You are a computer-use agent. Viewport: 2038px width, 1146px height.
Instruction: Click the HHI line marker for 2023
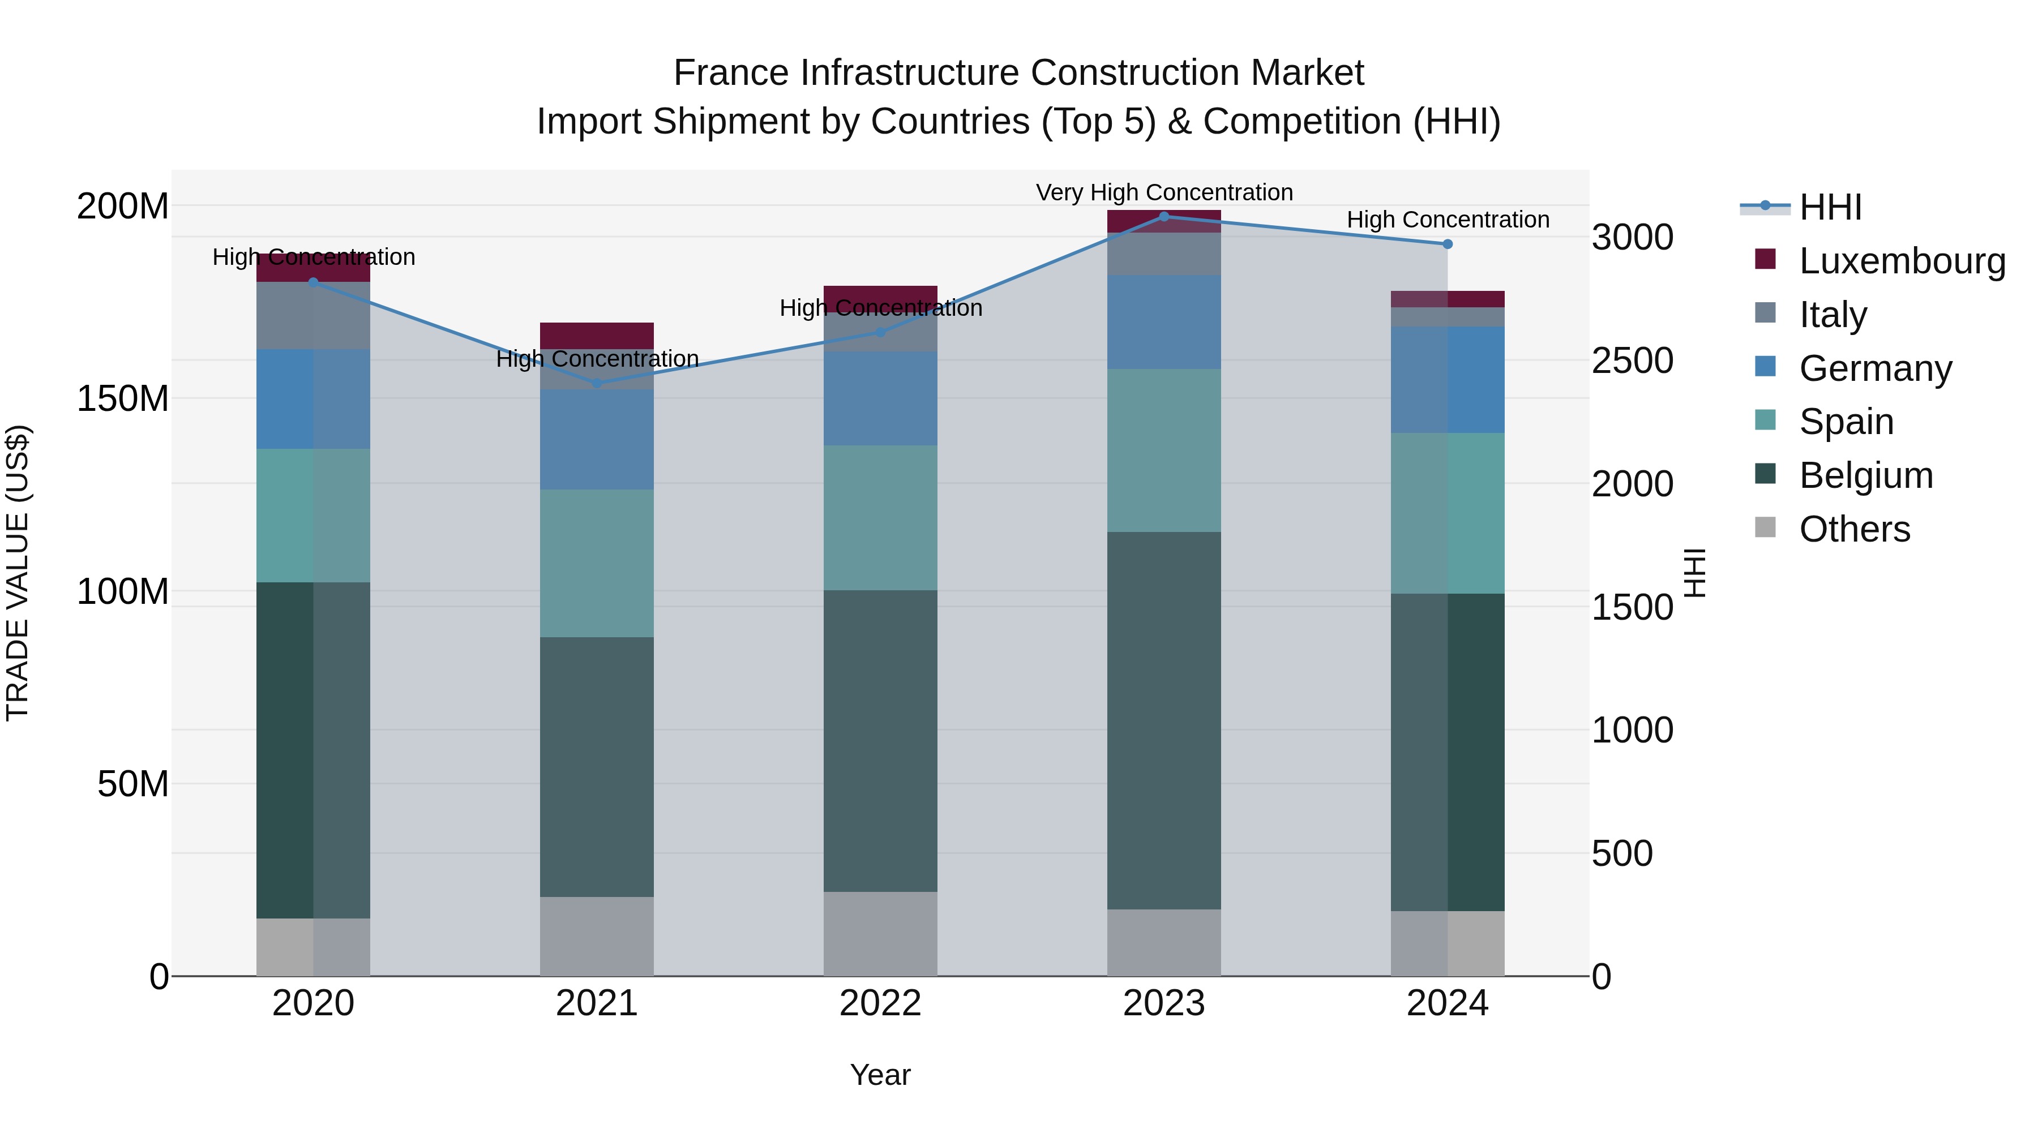tap(1164, 216)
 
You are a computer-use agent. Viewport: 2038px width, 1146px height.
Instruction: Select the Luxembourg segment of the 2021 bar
tap(597, 336)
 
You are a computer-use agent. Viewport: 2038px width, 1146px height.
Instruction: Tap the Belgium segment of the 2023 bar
tap(1164, 720)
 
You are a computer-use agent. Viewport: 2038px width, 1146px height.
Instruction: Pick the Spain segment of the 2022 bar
tap(880, 517)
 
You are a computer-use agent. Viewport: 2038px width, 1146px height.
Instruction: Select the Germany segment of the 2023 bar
tap(1164, 322)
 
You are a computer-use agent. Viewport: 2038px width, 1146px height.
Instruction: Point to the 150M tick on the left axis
tap(123, 398)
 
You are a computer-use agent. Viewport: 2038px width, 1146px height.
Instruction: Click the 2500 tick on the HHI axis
tap(1632, 360)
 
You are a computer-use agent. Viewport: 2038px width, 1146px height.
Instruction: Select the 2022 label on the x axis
tap(880, 1003)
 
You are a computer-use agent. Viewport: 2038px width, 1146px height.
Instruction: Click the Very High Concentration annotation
tap(1164, 192)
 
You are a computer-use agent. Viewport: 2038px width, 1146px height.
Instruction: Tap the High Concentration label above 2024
tap(1447, 220)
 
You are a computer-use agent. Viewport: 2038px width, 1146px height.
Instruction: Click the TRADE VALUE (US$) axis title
tap(18, 573)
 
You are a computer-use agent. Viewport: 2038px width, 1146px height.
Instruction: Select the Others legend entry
tap(1853, 529)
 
